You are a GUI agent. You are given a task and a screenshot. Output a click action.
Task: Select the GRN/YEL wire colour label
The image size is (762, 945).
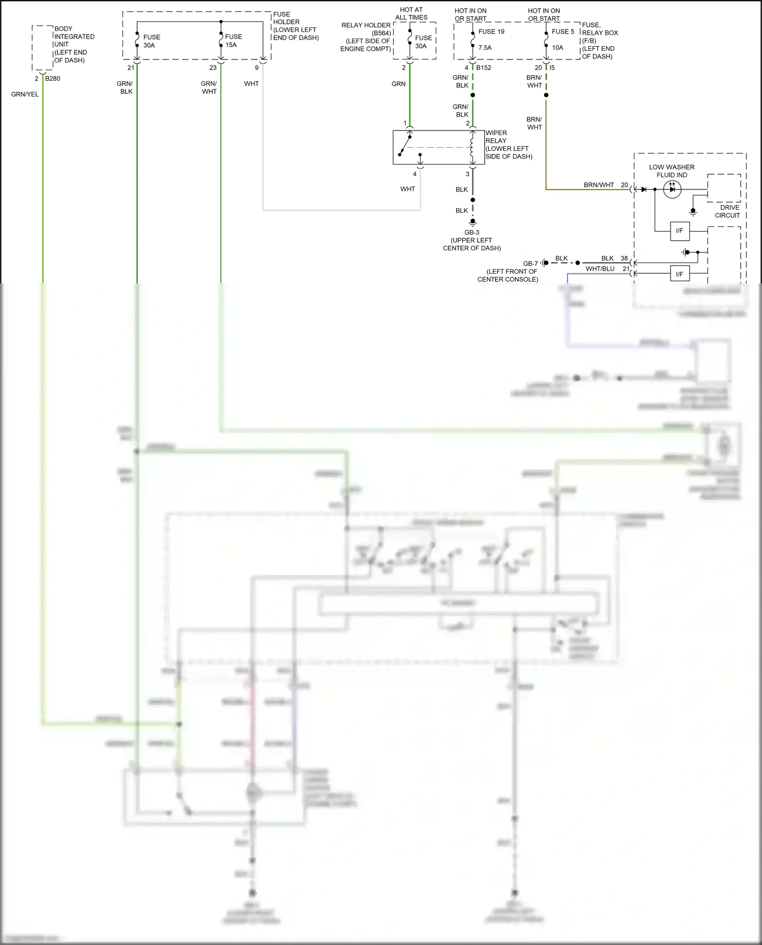click(x=25, y=94)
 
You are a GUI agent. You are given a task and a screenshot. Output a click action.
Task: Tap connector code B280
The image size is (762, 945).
click(x=52, y=79)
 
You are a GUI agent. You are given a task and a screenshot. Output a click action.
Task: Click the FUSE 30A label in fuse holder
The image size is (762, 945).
click(x=151, y=41)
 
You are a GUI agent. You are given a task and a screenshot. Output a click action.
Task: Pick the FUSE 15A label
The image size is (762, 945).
click(x=233, y=41)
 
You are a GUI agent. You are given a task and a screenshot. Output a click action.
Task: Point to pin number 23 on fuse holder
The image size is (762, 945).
click(x=213, y=68)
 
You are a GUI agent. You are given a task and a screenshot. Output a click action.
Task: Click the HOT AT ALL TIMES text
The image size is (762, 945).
click(x=411, y=14)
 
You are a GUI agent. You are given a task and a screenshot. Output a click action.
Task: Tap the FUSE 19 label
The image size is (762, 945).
click(x=491, y=31)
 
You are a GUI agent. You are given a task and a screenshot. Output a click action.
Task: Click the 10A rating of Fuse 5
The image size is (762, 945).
click(x=557, y=48)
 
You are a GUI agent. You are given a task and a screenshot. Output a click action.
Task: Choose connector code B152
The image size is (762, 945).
click(x=484, y=68)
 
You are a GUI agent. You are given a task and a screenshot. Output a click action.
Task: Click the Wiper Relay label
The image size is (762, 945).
click(x=508, y=145)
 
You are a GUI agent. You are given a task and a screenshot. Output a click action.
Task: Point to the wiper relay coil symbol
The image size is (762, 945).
click(x=472, y=147)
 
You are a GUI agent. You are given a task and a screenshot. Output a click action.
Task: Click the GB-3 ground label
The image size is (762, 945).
click(x=471, y=233)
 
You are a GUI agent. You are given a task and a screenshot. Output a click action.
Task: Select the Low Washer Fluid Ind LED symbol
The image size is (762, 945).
click(x=672, y=189)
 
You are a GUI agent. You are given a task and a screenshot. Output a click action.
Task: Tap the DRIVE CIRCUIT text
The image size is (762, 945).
click(x=728, y=211)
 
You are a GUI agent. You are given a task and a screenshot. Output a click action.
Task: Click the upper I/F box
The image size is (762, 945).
click(x=679, y=231)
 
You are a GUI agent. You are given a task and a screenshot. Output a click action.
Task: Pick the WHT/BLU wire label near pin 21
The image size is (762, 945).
click(x=600, y=269)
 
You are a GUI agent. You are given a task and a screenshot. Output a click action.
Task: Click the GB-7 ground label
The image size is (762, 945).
click(x=530, y=264)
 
